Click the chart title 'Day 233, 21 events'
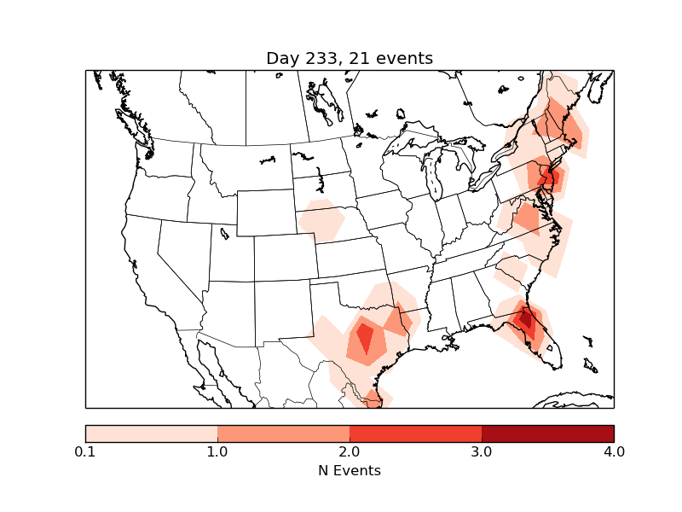(350, 58)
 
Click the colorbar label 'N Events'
(350, 470)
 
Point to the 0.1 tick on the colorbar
(85, 451)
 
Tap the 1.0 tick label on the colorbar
(217, 451)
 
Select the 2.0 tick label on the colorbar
(350, 451)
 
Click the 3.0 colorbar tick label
(482, 451)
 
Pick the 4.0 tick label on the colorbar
(614, 451)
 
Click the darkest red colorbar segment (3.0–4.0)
(547, 433)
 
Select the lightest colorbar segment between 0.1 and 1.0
(152, 433)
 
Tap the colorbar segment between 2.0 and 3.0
(415, 433)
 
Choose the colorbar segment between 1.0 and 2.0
(283, 433)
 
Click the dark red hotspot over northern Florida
(526, 321)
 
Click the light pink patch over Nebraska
(321, 220)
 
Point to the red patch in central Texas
(365, 338)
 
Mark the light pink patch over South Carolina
(511, 272)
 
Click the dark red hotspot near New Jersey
(551, 177)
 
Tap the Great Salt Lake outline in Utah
(224, 233)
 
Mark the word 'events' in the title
(407, 58)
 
